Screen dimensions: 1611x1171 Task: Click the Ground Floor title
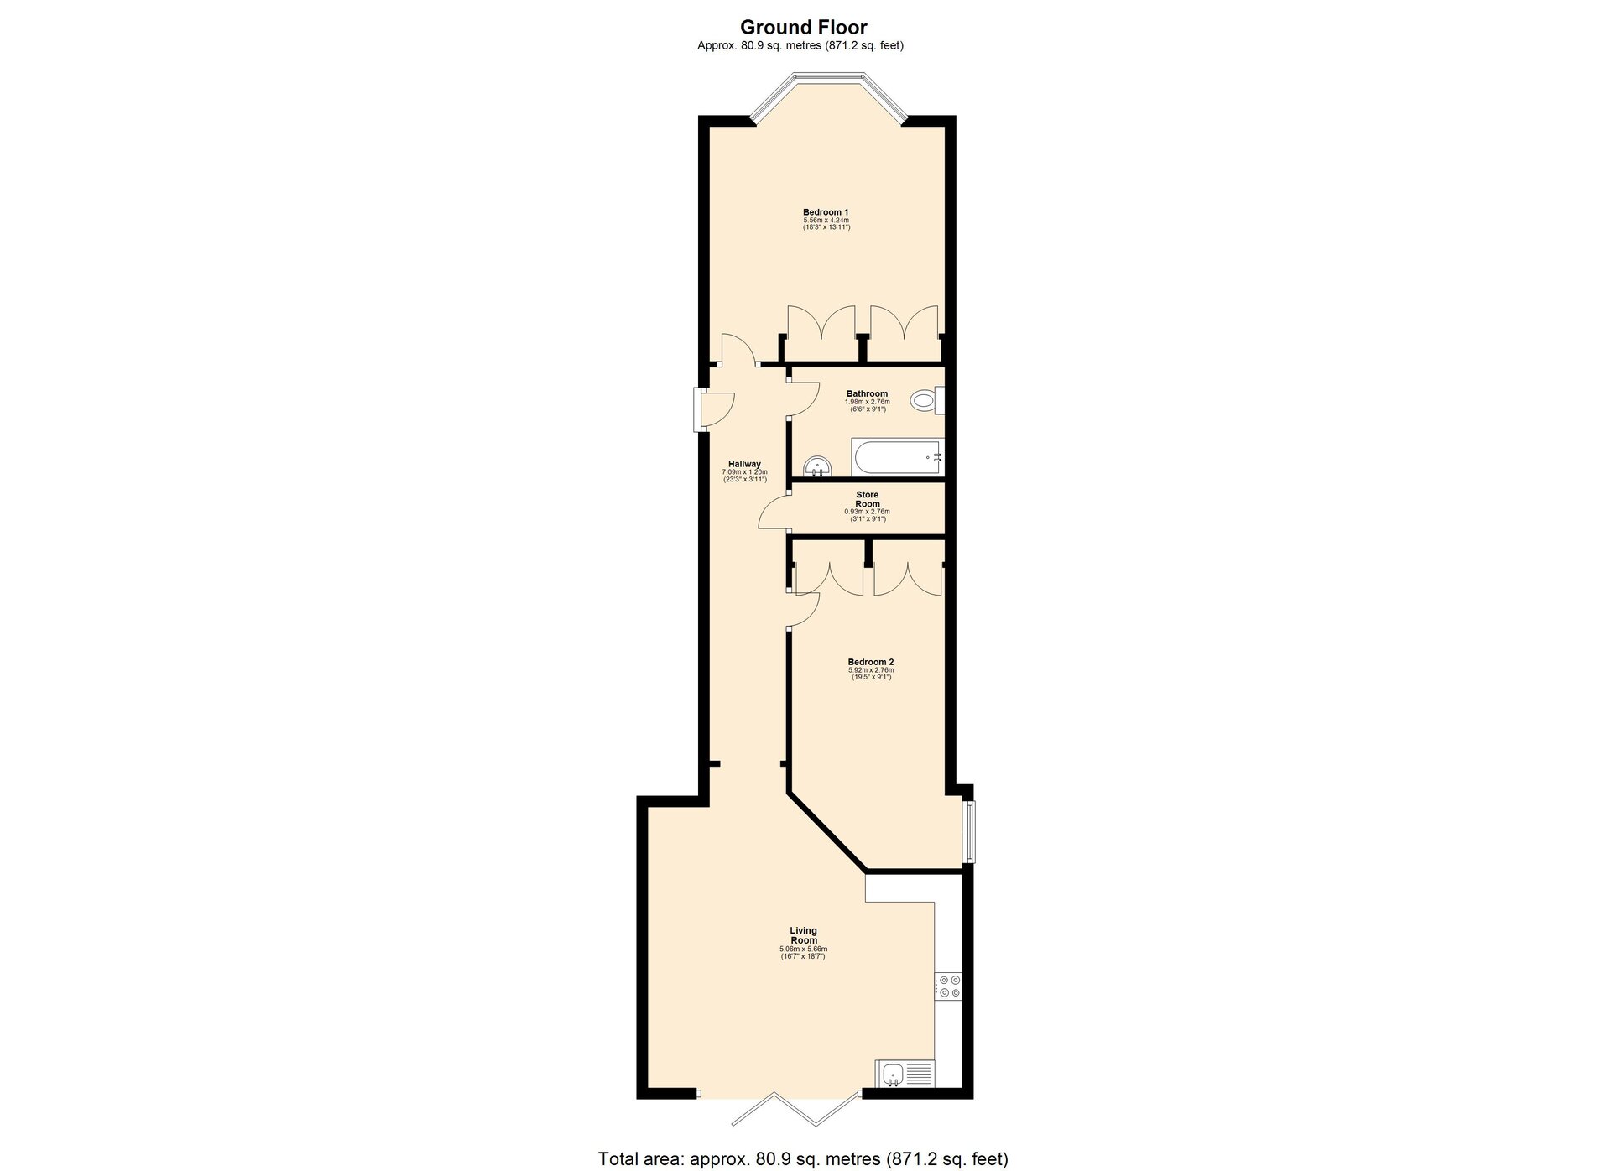pyautogui.click(x=803, y=28)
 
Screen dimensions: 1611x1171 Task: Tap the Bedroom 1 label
pyautogui.click(x=826, y=211)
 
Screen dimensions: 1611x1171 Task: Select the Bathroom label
pyautogui.click(x=867, y=393)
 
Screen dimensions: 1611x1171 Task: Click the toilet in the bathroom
pyautogui.click(x=928, y=401)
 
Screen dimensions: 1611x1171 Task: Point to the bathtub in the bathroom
pyautogui.click(x=898, y=457)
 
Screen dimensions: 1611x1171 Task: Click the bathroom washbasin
pyautogui.click(x=816, y=466)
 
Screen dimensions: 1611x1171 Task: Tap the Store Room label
pyautogui.click(x=867, y=499)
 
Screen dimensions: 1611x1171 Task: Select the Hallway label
pyautogui.click(x=744, y=464)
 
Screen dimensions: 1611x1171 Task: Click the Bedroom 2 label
pyautogui.click(x=870, y=662)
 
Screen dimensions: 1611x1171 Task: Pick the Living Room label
pyautogui.click(x=803, y=935)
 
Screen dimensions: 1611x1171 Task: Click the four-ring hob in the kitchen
pyautogui.click(x=950, y=986)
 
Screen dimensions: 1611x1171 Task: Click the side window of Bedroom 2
pyautogui.click(x=970, y=831)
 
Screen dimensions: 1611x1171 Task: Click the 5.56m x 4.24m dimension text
pyautogui.click(x=826, y=220)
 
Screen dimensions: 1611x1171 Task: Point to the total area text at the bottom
pyautogui.click(x=803, y=1158)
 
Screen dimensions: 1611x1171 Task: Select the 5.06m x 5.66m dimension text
pyautogui.click(x=803, y=950)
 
